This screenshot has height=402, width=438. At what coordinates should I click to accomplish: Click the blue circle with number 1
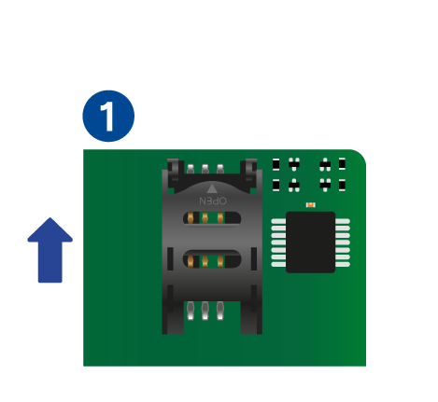(108, 116)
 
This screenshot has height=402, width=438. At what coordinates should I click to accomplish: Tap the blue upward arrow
(50, 250)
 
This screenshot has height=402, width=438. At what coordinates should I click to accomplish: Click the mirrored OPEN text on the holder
(213, 201)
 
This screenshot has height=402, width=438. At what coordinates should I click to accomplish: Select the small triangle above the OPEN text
(212, 188)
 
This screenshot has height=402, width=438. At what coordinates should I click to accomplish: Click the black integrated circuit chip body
(310, 243)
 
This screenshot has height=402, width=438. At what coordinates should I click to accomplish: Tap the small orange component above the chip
(310, 204)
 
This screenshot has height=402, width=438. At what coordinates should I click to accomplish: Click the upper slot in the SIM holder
(212, 218)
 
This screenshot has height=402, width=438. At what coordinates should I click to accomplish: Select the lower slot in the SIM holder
(212, 260)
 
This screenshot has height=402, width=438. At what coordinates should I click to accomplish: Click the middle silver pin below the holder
(205, 311)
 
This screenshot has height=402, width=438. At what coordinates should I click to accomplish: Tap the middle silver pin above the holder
(205, 169)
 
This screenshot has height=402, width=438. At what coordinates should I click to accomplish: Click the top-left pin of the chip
(278, 221)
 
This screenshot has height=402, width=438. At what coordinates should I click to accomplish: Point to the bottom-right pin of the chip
(343, 264)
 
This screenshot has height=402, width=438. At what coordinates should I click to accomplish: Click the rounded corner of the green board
(361, 155)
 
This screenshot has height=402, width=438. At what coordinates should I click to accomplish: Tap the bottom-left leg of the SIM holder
(173, 317)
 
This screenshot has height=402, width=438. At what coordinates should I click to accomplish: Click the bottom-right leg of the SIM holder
(251, 317)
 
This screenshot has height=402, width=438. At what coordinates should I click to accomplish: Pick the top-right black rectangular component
(342, 163)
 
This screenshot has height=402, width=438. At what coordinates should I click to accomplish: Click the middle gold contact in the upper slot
(205, 217)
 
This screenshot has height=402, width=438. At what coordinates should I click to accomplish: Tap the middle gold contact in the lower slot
(205, 261)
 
